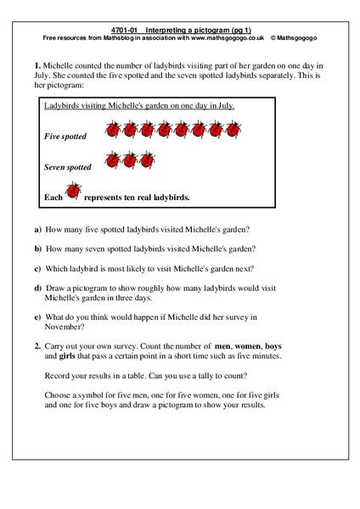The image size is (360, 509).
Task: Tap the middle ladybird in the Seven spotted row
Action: click(131, 159)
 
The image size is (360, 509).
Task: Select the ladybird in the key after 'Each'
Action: click(74, 193)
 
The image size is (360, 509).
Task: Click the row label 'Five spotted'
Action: click(65, 136)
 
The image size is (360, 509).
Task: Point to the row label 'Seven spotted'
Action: click(68, 168)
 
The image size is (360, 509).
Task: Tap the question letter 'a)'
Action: click(37, 230)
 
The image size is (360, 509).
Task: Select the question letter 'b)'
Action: click(37, 249)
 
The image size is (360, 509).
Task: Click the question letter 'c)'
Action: click(37, 268)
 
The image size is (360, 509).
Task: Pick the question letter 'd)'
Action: click(37, 288)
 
